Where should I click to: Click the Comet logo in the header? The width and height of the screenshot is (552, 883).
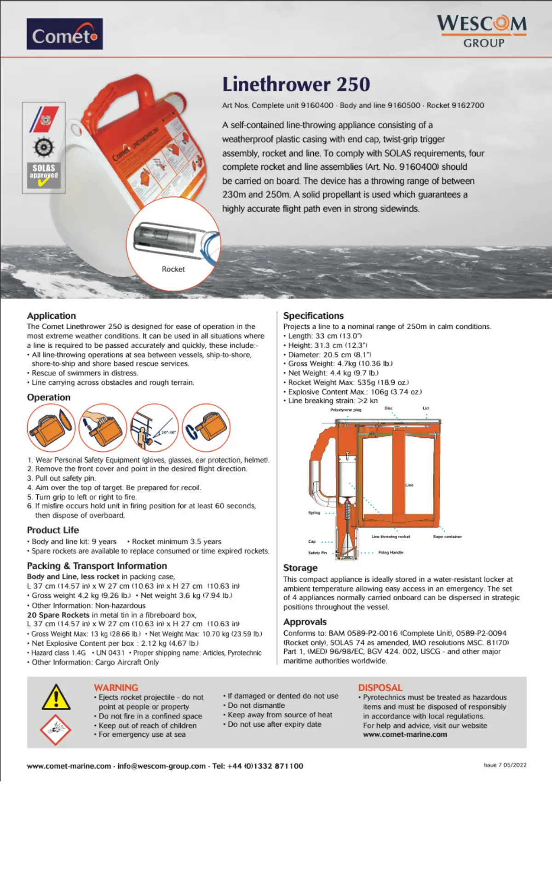pyautogui.click(x=64, y=34)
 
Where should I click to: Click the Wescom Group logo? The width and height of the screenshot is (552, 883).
pyautogui.click(x=482, y=30)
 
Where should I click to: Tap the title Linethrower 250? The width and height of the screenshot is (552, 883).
pyautogui.click(x=296, y=84)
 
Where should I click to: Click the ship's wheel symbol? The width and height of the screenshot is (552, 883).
pyautogui.click(x=44, y=147)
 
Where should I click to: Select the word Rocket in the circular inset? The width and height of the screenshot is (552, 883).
pyautogui.click(x=173, y=269)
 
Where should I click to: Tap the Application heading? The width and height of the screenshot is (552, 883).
pyautogui.click(x=51, y=315)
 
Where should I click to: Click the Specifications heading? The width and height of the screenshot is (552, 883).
pyautogui.click(x=313, y=315)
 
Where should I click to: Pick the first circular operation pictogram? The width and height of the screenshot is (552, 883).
pyautogui.click(x=51, y=427)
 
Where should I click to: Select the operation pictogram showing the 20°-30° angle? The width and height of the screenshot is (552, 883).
pyautogui.click(x=155, y=427)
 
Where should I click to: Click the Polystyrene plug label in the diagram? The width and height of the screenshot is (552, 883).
pyautogui.click(x=345, y=410)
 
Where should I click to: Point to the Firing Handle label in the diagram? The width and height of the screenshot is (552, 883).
pyautogui.click(x=391, y=552)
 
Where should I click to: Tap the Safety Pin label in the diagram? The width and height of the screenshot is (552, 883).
pyautogui.click(x=317, y=553)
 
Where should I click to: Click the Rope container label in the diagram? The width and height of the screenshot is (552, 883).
pyautogui.click(x=447, y=537)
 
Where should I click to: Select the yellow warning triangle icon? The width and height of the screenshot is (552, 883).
pyautogui.click(x=56, y=697)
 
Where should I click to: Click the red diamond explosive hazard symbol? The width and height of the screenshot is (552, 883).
pyautogui.click(x=56, y=729)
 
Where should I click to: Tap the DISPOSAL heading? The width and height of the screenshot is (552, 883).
pyautogui.click(x=380, y=688)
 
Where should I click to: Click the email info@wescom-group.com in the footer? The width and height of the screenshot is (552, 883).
pyautogui.click(x=161, y=766)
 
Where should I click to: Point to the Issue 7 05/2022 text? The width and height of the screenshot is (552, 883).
pyautogui.click(x=505, y=765)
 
